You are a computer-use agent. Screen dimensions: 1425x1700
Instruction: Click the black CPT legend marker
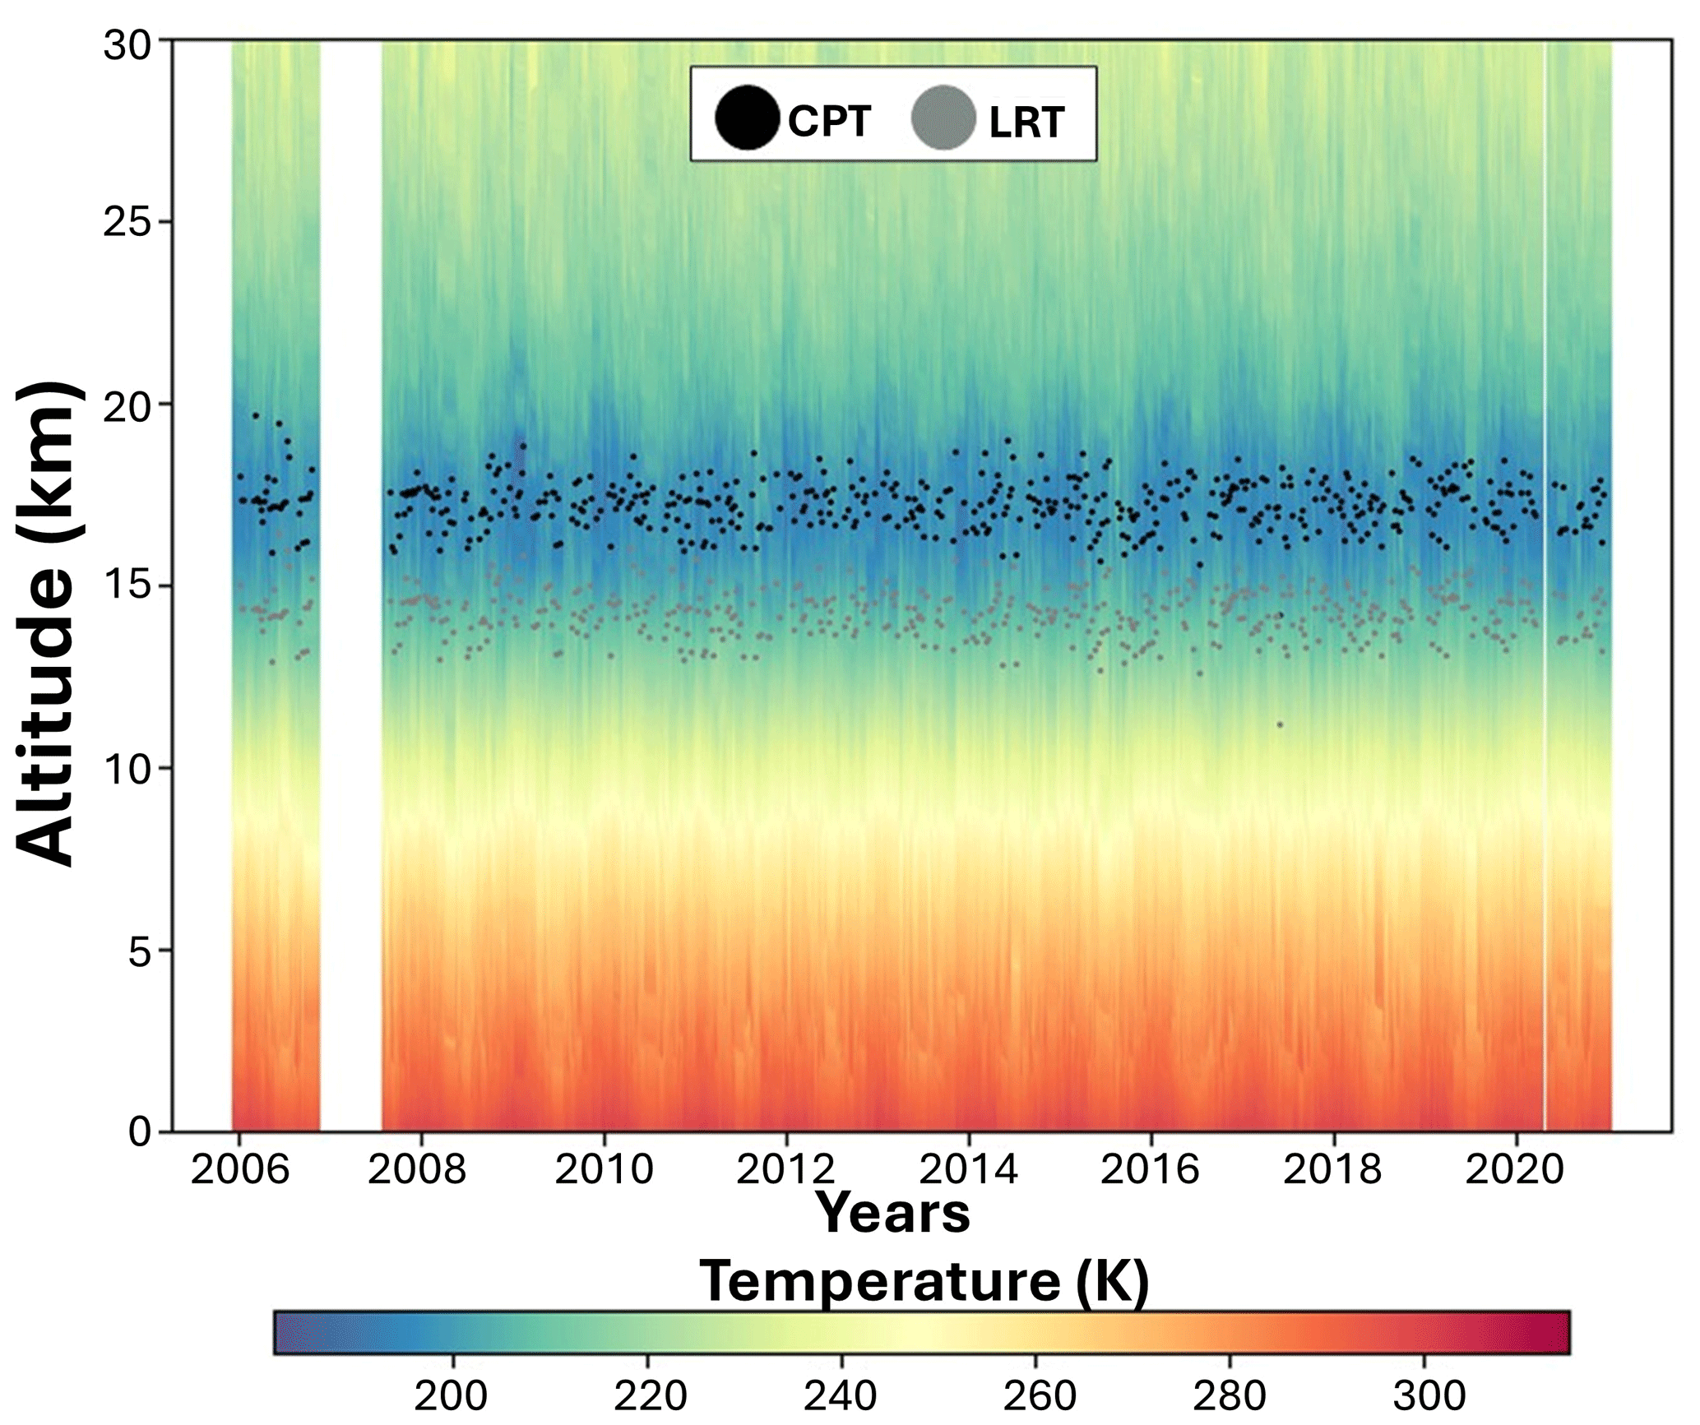click(747, 118)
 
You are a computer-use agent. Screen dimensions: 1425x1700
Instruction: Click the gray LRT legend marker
click(943, 118)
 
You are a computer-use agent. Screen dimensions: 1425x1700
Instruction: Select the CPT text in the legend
click(829, 122)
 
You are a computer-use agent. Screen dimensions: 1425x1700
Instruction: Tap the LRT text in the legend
click(1026, 123)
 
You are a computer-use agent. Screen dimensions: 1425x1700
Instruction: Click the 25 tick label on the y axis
click(129, 222)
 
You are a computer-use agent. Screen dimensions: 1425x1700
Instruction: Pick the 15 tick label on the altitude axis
click(129, 585)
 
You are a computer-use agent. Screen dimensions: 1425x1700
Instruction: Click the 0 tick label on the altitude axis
click(141, 1131)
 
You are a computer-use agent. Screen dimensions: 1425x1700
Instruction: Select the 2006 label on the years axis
click(239, 1168)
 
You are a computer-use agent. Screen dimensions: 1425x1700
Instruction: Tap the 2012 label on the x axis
click(786, 1168)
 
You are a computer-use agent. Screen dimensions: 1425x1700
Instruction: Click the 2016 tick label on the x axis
click(1151, 1168)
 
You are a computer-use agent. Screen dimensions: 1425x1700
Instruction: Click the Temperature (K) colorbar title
click(924, 1280)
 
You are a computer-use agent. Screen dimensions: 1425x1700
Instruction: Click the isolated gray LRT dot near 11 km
click(1280, 724)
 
